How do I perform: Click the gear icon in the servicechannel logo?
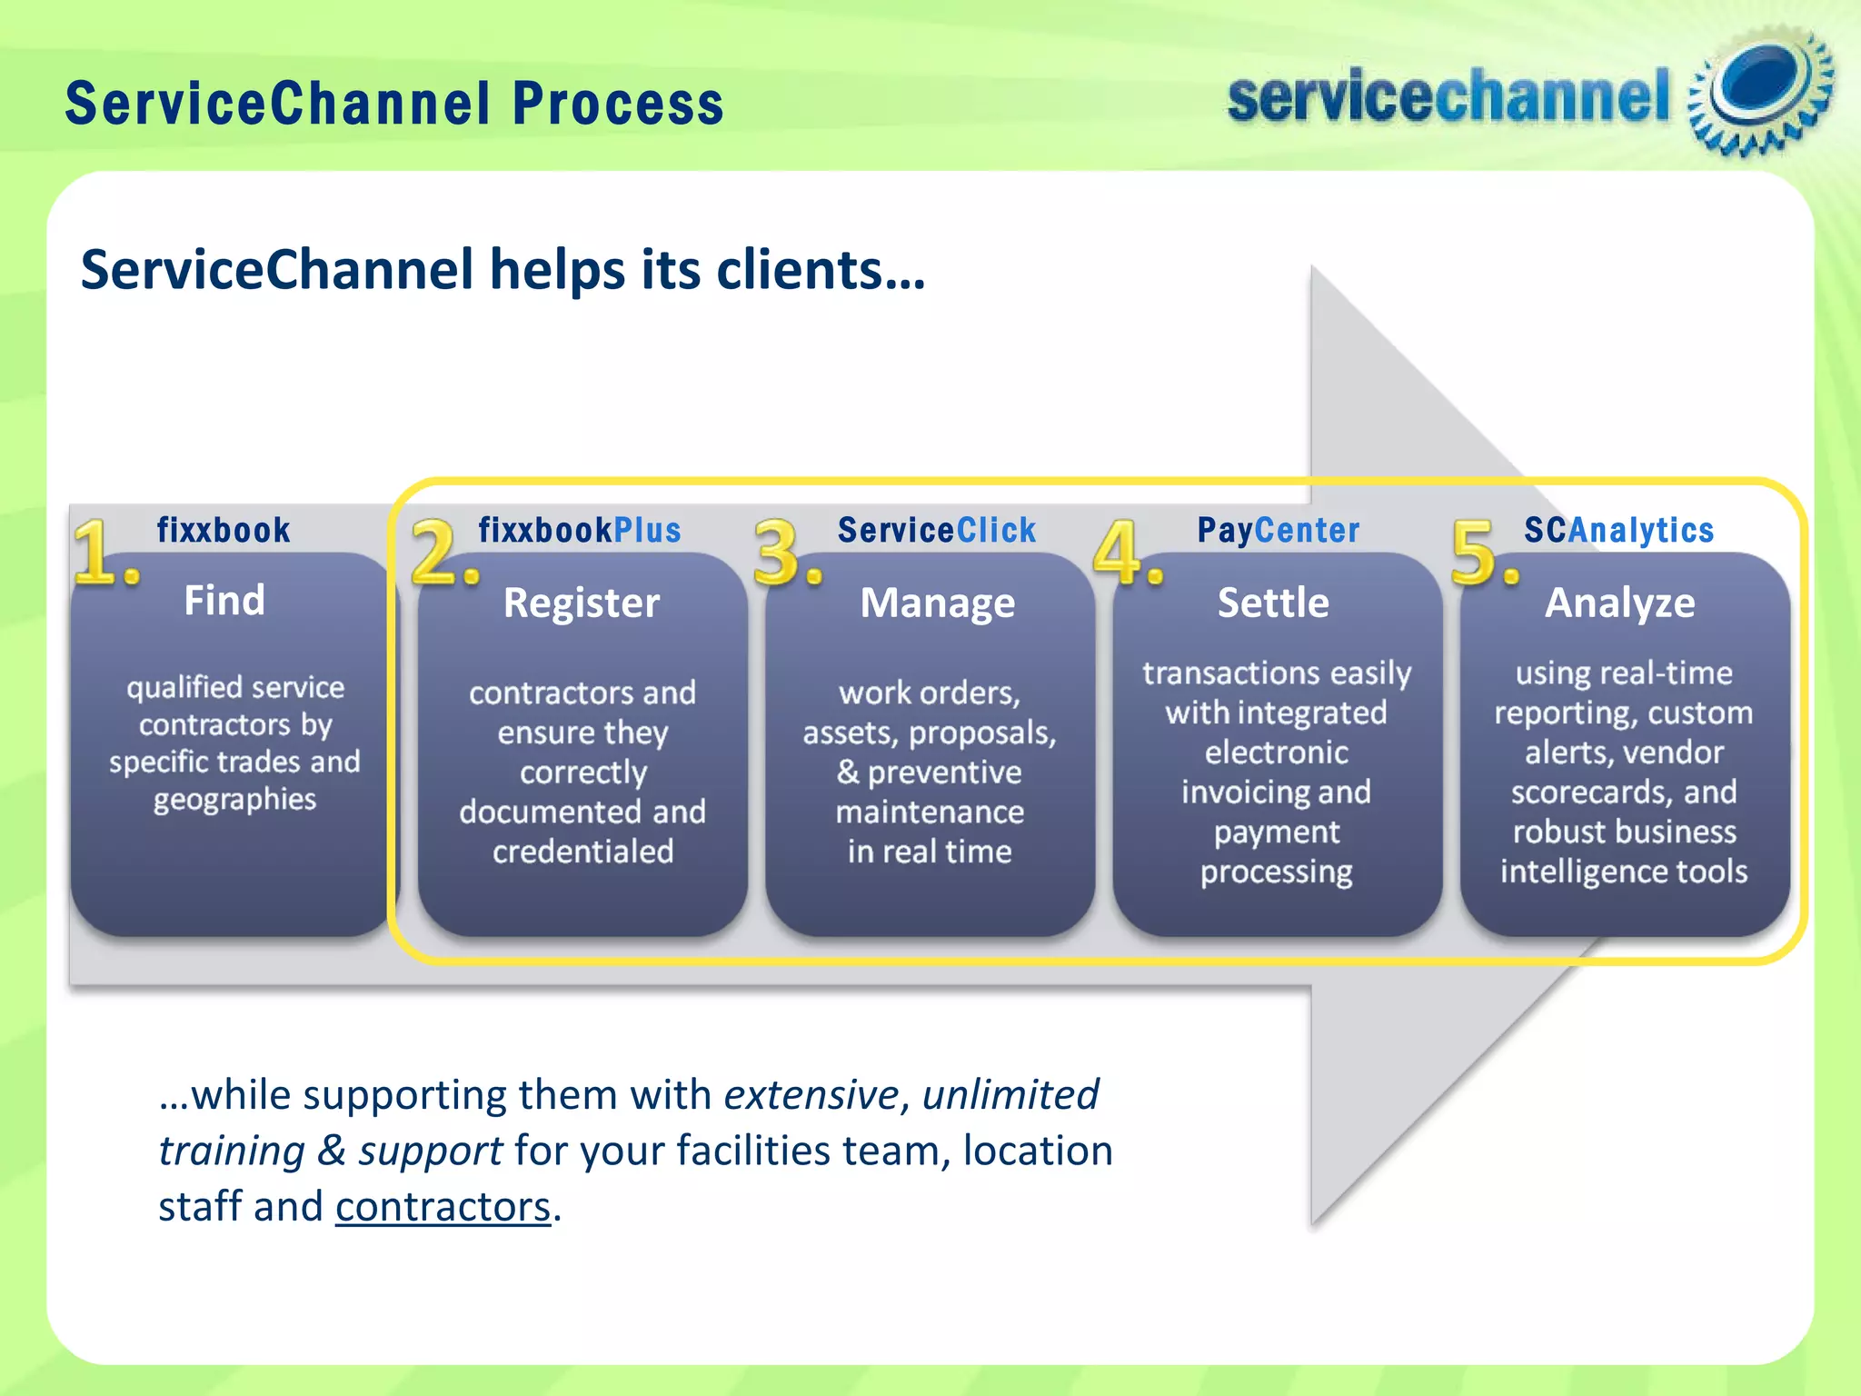click(x=1760, y=91)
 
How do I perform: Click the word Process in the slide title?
click(x=618, y=103)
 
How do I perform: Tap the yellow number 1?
click(x=102, y=552)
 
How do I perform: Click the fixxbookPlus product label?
click(x=580, y=530)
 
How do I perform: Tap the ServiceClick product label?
click(x=937, y=530)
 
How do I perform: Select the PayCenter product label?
click(x=1279, y=530)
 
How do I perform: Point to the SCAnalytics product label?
click(x=1619, y=530)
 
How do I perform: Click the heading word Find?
click(x=224, y=601)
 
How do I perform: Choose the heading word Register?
click(x=582, y=603)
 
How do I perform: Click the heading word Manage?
click(x=938, y=603)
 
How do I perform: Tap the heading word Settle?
click(x=1273, y=603)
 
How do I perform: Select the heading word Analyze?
click(x=1620, y=603)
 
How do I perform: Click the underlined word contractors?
click(x=443, y=1208)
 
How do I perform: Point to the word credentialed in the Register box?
click(x=583, y=852)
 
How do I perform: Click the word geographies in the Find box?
click(x=234, y=800)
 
